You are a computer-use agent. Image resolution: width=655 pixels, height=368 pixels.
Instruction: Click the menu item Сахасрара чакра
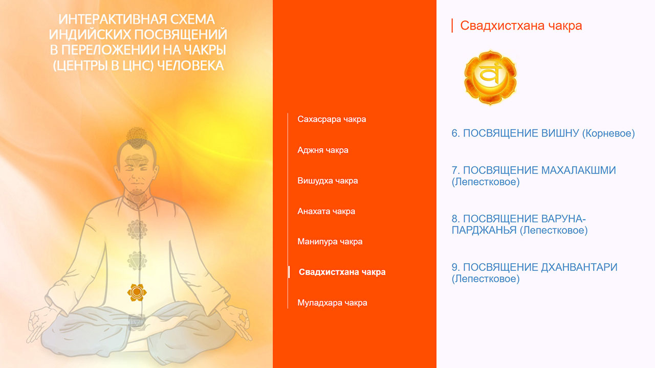point(332,119)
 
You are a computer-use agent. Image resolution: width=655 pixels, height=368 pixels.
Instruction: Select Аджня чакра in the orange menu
point(323,150)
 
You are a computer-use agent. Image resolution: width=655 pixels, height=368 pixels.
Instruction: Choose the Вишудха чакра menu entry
point(327,181)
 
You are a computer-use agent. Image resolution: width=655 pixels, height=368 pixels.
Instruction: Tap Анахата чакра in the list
point(326,211)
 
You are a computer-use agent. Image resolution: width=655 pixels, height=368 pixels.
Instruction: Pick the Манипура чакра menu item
point(330,242)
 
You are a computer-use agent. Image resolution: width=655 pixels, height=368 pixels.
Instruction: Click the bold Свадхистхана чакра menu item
point(342,272)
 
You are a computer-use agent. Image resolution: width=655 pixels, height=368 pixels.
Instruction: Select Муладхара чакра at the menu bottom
point(332,303)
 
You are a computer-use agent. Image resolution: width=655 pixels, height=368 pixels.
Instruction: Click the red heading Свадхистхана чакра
point(521,26)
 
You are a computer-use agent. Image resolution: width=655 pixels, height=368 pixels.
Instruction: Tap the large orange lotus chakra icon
point(490,78)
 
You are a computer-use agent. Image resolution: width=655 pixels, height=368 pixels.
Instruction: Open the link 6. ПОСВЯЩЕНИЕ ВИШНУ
point(543,133)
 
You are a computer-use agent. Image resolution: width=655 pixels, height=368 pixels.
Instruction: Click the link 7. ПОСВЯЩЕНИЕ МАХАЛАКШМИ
point(534,176)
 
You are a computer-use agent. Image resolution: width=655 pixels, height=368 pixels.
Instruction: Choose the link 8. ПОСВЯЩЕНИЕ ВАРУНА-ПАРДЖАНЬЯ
point(519,224)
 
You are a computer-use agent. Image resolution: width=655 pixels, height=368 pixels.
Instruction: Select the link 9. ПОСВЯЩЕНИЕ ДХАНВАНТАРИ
point(534,273)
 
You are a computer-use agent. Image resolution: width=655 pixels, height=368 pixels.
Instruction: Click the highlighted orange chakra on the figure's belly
point(137,292)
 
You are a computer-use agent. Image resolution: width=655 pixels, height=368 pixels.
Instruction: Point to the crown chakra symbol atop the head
point(137,138)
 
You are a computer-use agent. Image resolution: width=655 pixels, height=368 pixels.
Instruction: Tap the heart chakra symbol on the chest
point(137,229)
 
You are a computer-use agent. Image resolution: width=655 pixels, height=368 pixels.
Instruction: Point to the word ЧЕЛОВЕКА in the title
point(190,66)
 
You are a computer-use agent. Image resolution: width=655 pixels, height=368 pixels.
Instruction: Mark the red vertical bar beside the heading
point(452,26)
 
